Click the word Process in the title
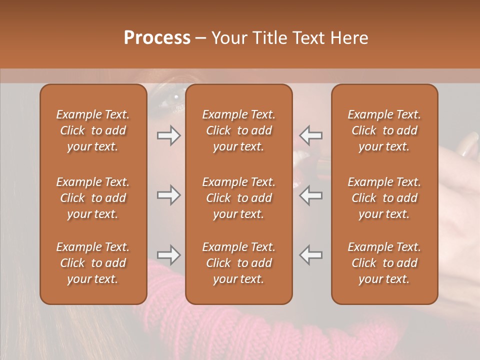coord(157,38)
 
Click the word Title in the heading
coord(270,38)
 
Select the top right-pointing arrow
coord(169,135)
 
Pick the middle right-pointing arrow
coord(169,195)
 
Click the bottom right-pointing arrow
coord(169,255)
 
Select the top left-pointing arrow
coord(311,135)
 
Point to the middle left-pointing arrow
coord(311,195)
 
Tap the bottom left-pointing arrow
coord(311,255)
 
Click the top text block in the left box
coord(93,130)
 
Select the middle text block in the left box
coord(93,198)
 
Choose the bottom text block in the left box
coord(93,263)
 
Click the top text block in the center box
coord(238,130)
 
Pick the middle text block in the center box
coord(238,198)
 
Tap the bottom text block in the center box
coord(238,263)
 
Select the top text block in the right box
coord(384,130)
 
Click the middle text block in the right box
coord(384,198)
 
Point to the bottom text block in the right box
coord(384,263)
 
